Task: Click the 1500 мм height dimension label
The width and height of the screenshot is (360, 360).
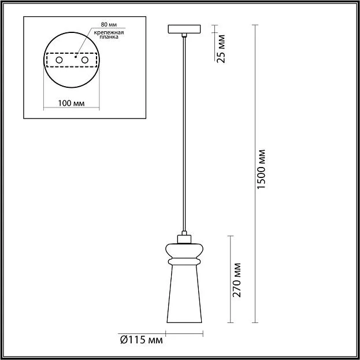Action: [261, 169]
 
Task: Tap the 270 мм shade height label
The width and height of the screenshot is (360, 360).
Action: [236, 280]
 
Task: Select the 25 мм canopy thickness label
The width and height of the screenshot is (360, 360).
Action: [221, 49]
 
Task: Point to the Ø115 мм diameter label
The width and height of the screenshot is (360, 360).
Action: [142, 340]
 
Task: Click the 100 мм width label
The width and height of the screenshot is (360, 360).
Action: [71, 103]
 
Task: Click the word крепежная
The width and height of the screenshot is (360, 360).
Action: [109, 32]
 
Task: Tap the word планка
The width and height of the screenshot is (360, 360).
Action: [109, 37]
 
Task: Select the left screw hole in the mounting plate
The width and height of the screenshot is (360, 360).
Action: [59, 60]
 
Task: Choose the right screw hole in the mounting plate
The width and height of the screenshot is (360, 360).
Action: [85, 60]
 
